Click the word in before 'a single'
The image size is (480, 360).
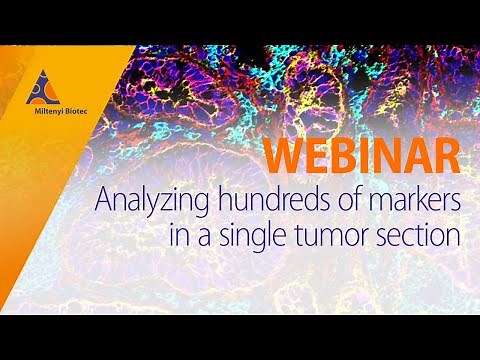click(180, 237)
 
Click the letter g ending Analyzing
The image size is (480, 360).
click(180, 206)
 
